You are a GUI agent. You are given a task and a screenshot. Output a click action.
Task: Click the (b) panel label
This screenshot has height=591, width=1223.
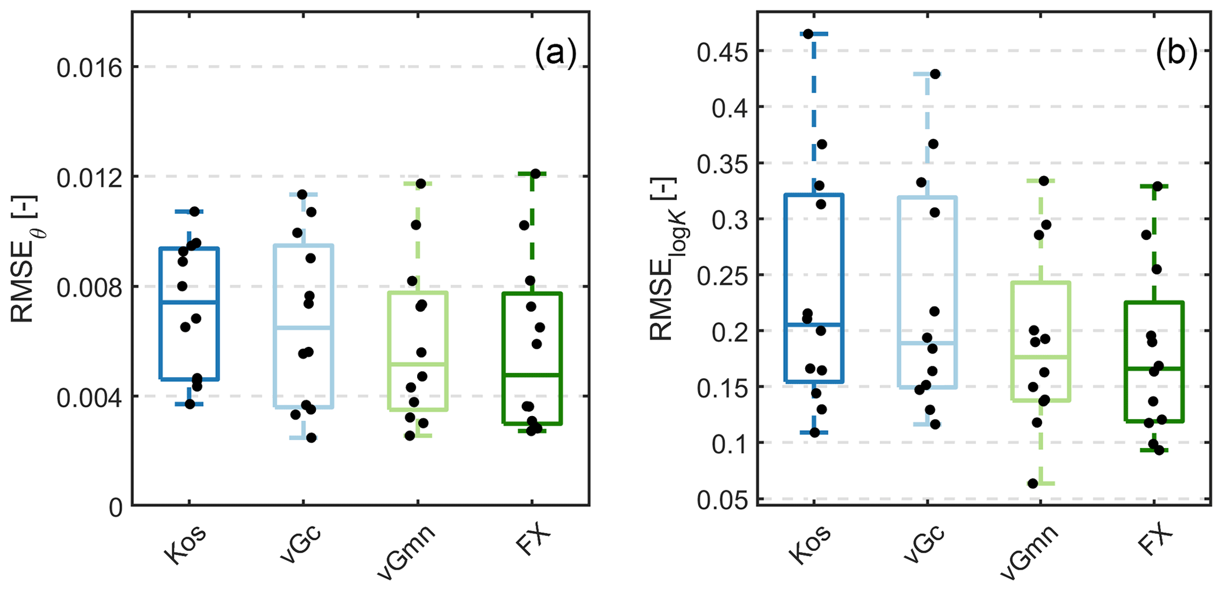(1176, 54)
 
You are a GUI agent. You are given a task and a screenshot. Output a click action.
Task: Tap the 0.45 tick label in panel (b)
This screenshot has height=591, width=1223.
(722, 52)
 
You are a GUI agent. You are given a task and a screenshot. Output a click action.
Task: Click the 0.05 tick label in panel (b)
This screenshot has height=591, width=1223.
(722, 500)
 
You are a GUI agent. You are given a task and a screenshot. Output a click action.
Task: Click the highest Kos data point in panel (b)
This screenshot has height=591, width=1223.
(808, 34)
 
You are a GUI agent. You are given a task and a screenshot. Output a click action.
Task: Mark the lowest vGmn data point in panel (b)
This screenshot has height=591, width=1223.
(1032, 483)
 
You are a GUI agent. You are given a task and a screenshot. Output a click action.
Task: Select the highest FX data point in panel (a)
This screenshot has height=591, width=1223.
(535, 173)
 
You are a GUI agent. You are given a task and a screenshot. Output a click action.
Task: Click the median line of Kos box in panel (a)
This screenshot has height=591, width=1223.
(189, 302)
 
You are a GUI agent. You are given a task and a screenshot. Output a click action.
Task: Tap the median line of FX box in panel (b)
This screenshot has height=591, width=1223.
(1153, 368)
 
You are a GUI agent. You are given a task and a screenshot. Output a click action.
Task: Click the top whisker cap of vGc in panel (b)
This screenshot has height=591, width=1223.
(928, 74)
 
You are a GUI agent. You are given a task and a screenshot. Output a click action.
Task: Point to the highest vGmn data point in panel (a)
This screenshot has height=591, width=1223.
(421, 183)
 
